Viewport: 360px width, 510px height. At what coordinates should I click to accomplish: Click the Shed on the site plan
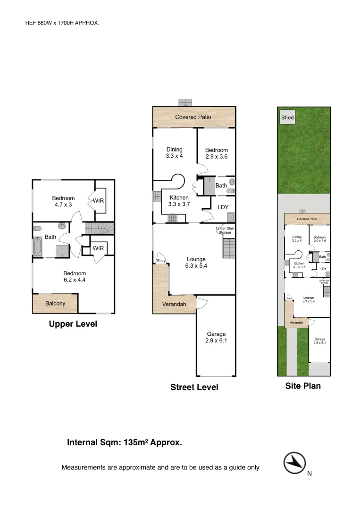coord(287,118)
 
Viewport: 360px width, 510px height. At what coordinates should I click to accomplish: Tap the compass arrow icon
coord(294,463)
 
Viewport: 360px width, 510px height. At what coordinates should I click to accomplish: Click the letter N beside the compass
coord(310,474)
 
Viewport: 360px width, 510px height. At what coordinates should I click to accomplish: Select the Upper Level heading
coord(73,324)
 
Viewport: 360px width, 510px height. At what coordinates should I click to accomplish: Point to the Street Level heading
coord(194,387)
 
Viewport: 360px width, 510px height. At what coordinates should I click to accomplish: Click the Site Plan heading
coord(303,386)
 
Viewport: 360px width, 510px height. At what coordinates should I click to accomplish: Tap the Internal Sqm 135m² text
coord(125,442)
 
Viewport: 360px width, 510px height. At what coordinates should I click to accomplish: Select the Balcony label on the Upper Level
coord(55,303)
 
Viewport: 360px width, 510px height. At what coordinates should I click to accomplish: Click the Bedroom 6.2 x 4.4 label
coord(75,276)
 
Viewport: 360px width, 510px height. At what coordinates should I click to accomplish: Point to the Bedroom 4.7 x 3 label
coord(63,202)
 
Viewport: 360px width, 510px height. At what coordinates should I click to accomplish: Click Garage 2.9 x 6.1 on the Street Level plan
coord(216,337)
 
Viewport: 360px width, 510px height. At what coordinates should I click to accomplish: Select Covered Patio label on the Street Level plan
coord(193,117)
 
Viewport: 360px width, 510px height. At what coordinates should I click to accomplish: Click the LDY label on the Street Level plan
coord(223,207)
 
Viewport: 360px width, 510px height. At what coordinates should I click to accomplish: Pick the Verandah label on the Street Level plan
coord(174,304)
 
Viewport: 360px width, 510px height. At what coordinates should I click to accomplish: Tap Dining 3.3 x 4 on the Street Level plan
coord(174,153)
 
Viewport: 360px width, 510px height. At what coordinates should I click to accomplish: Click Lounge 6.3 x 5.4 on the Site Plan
coord(309,299)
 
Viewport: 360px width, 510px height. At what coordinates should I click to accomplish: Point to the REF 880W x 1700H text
coord(62,22)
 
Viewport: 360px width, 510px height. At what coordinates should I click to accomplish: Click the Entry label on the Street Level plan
coord(161,261)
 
